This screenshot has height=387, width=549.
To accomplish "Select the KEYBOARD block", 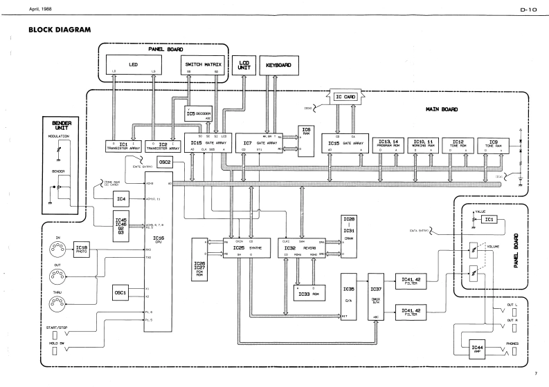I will click(276, 66).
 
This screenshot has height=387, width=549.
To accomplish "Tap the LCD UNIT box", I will click(243, 64).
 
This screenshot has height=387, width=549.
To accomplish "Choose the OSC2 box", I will click(164, 162).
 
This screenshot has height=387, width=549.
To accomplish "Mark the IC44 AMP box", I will click(476, 348).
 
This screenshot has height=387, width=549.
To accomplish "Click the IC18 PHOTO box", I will click(82, 248).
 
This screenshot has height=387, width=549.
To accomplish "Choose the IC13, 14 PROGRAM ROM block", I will click(393, 144).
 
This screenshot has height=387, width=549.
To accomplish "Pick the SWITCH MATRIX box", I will click(203, 65).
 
